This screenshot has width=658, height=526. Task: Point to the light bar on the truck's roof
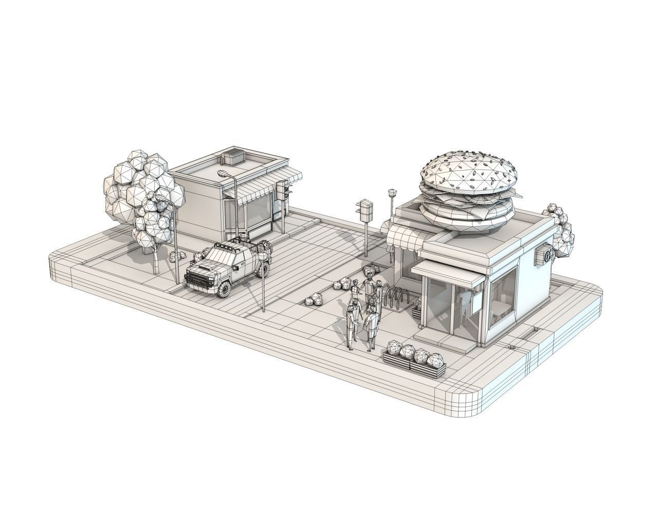(x=221, y=247)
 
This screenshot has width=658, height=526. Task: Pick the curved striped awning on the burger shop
(x=405, y=238)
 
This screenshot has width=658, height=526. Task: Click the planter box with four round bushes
(x=414, y=358)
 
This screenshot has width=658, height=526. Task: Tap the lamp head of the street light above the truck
(x=224, y=174)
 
